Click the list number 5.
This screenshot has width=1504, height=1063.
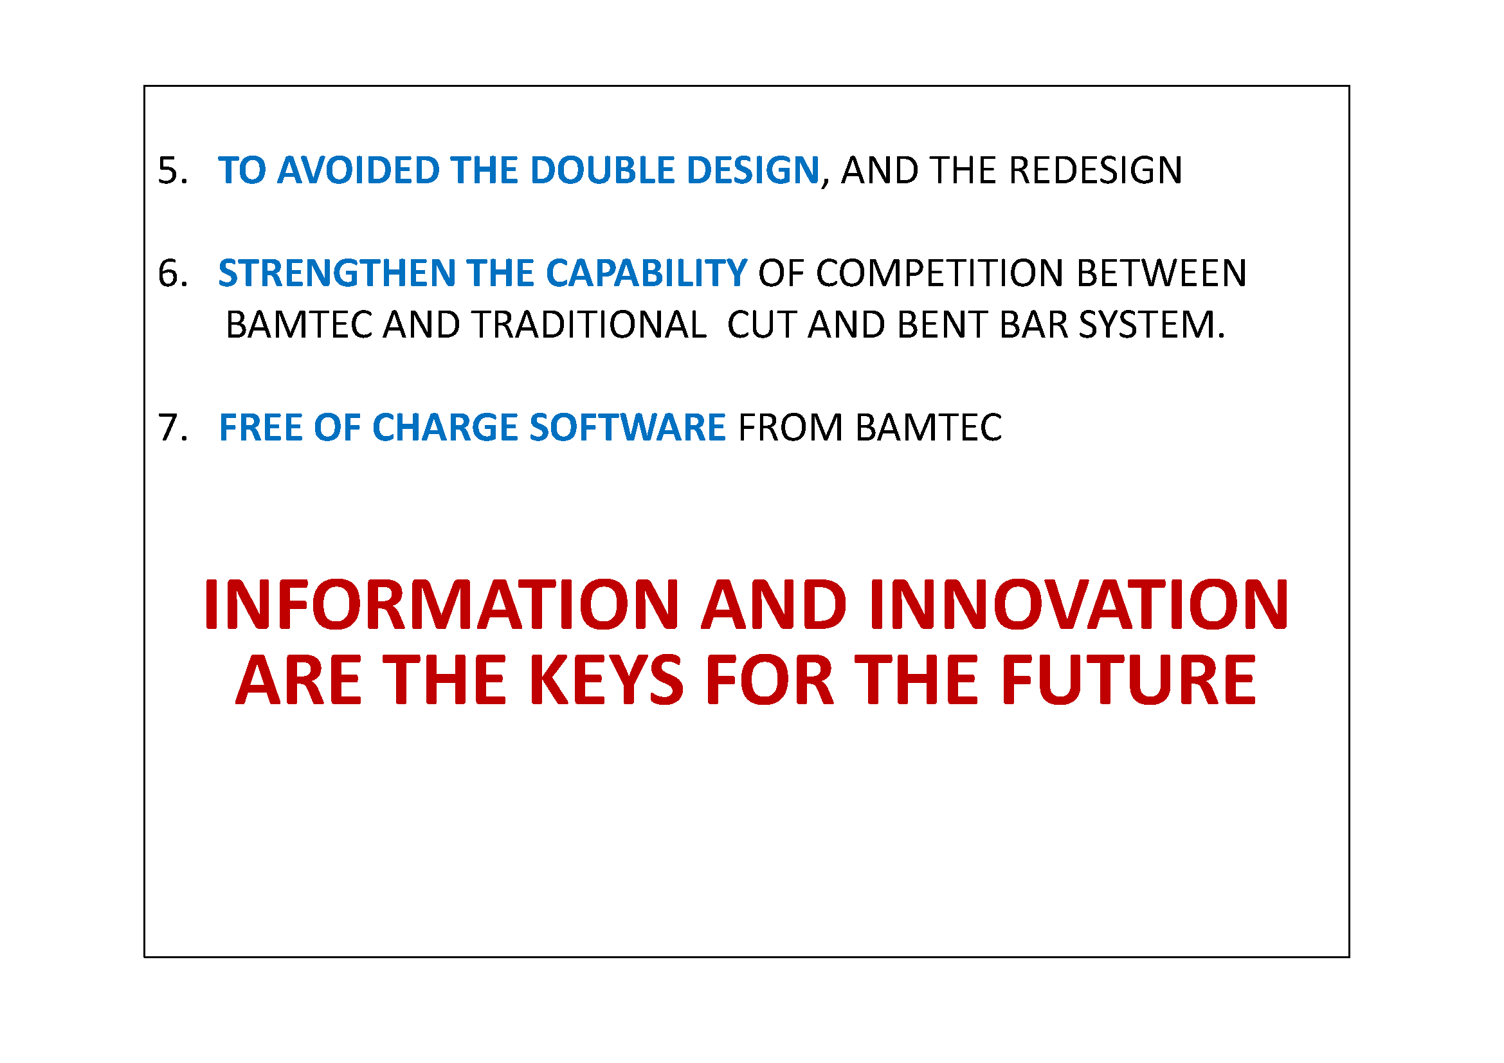click(x=173, y=170)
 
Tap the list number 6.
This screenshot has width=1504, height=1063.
click(x=173, y=273)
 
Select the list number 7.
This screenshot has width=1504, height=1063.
click(x=173, y=428)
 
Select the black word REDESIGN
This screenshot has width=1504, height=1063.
click(x=1095, y=170)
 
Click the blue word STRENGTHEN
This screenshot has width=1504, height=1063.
click(x=337, y=273)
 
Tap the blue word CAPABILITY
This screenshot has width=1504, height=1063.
click(x=646, y=273)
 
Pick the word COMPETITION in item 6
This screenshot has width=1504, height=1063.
click(x=939, y=273)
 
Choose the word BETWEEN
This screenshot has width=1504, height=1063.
click(x=1161, y=273)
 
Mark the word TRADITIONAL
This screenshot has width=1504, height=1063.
click(x=589, y=325)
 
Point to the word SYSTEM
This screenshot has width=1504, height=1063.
click(x=1151, y=325)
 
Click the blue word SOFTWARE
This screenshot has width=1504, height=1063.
click(x=628, y=428)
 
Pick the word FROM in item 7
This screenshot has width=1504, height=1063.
click(x=790, y=428)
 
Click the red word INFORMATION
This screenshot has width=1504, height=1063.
click(x=442, y=604)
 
